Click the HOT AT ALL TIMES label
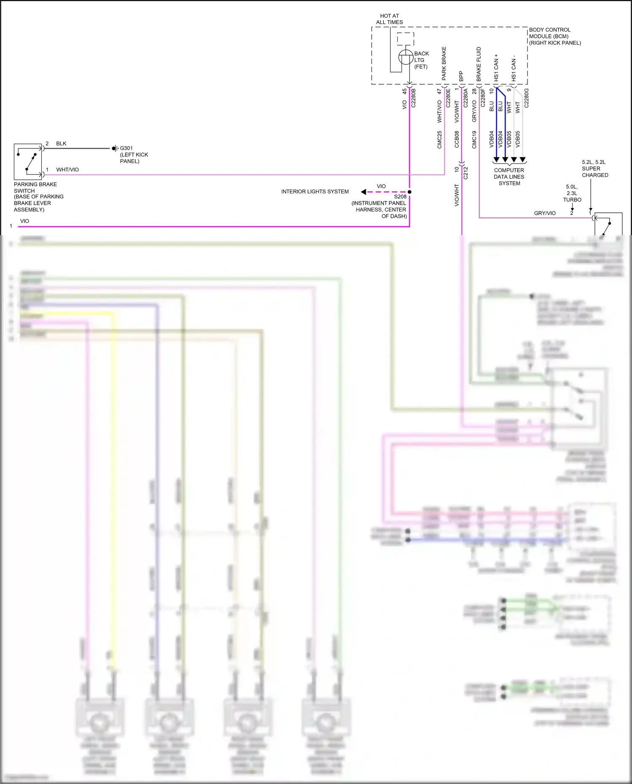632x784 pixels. pos(389,19)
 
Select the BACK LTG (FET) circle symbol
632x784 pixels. pos(406,57)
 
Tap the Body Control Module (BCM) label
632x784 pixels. pos(554,36)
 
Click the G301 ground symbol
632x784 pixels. pos(115,148)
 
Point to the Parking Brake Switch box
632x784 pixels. pos(28,162)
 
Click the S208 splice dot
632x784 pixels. pos(410,192)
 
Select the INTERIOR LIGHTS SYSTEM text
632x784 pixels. pos(315,192)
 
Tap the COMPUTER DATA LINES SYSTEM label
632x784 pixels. pos(509,177)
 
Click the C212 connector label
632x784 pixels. pos(466,173)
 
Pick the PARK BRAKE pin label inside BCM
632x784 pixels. pos(444,64)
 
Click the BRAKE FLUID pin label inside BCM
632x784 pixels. pos(479,64)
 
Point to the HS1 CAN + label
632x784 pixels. pos(496,67)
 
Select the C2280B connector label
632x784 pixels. pos(413,98)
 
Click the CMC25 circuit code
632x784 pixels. pos(439,140)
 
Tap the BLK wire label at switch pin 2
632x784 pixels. pos(61,144)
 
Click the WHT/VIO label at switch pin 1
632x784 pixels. pos(67,170)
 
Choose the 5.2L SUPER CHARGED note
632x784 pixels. pos(595,169)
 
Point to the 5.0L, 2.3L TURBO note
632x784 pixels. pos(572,193)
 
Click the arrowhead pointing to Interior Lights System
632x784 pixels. pos(363,192)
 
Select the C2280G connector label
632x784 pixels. pos(526,98)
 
